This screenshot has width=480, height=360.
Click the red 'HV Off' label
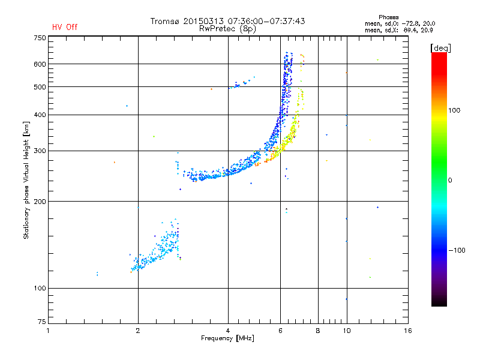tap(65, 27)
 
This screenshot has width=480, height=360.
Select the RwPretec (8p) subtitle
tap(227, 28)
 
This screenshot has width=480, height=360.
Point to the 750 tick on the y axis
tap(40, 38)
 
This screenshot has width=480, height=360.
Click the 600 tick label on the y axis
tap(40, 64)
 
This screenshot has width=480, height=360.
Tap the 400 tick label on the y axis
tap(40, 115)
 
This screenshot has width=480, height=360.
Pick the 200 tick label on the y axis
tap(40, 202)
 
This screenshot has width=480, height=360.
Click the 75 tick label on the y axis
tap(41, 324)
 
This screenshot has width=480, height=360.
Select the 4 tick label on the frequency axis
tap(228, 331)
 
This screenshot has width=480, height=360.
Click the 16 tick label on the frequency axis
tap(407, 331)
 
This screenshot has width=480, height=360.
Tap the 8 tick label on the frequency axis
tap(318, 331)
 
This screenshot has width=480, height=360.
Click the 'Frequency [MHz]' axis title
tap(227, 338)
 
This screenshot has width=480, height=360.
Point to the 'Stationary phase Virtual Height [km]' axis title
tap(26, 180)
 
